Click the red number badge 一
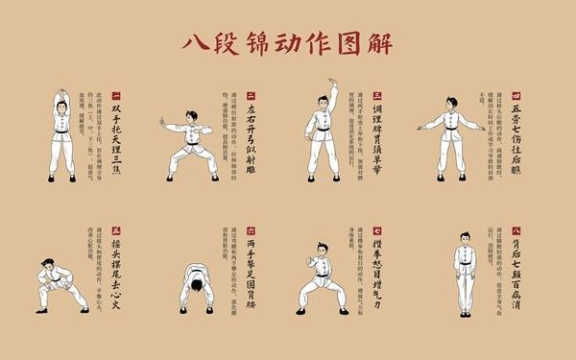(x=116, y=96)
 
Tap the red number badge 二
(x=251, y=96)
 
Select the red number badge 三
(x=377, y=96)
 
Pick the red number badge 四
(x=516, y=96)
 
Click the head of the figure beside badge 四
(x=458, y=103)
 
